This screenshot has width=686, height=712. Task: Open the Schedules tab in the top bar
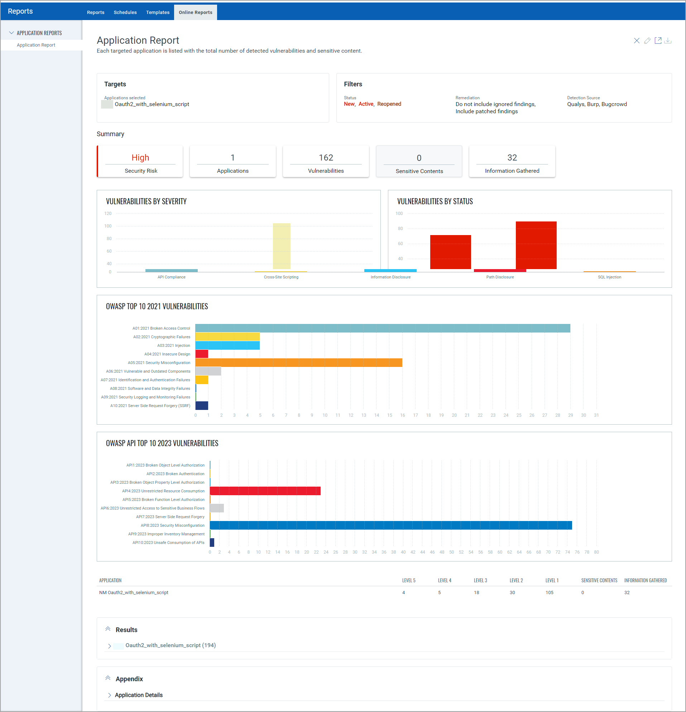click(125, 12)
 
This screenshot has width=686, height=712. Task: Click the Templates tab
click(158, 12)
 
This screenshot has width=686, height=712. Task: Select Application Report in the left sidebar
click(36, 45)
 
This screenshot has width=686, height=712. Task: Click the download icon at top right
click(667, 41)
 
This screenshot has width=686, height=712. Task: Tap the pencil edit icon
click(647, 41)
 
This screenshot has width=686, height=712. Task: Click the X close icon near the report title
click(637, 41)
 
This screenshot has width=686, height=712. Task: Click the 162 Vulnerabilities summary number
click(326, 158)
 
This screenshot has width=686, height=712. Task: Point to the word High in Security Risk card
click(140, 158)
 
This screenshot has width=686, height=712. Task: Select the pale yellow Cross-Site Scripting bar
click(282, 246)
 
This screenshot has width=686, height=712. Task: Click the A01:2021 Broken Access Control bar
click(382, 328)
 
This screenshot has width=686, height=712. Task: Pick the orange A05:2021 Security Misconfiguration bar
click(298, 363)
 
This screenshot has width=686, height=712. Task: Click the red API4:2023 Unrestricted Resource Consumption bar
click(265, 491)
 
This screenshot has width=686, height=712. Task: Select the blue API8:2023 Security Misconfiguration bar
click(390, 525)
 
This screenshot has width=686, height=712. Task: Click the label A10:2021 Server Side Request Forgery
click(150, 406)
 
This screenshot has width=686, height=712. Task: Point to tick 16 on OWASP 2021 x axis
click(402, 415)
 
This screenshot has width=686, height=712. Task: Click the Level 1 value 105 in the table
click(549, 592)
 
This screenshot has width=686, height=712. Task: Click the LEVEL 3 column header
click(480, 580)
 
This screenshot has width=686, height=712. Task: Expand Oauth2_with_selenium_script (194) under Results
click(109, 646)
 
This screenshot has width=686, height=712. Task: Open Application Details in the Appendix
click(138, 695)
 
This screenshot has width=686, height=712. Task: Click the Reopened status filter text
click(389, 104)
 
